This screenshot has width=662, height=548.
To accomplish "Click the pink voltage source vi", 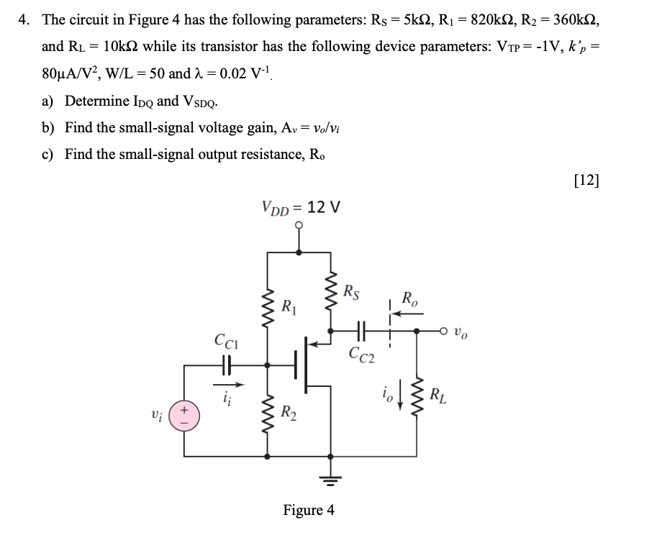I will click(184, 416).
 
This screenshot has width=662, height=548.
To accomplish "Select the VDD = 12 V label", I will click(301, 208).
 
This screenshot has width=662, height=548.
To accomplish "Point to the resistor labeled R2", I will click(269, 414).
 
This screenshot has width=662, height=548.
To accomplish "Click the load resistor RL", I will click(417, 398).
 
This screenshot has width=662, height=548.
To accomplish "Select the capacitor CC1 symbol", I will click(225, 365).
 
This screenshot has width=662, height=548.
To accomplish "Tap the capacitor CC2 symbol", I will click(361, 332).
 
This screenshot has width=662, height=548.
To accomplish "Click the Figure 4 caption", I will click(309, 510).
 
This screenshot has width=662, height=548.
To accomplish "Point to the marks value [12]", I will click(586, 180).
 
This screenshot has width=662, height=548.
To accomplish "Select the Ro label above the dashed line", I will click(408, 298).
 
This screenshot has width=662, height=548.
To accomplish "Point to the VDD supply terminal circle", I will click(300, 226).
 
